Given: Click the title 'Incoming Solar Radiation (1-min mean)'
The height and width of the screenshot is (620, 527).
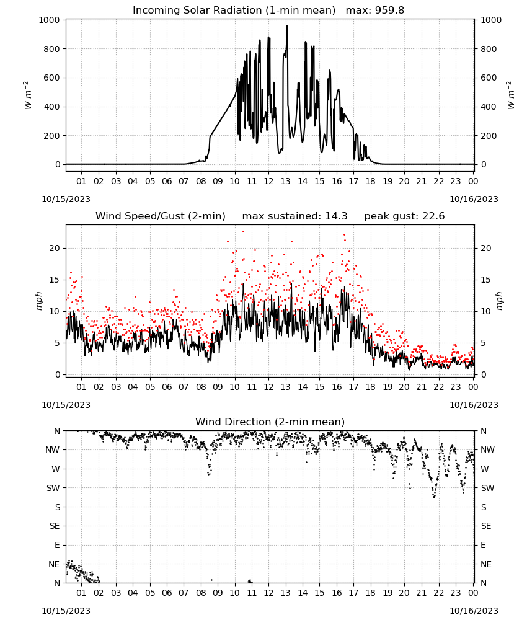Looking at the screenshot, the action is [x=234, y=11].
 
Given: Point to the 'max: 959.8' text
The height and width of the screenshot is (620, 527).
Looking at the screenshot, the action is [x=375, y=11].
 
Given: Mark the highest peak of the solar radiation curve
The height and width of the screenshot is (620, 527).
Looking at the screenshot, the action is [x=287, y=25].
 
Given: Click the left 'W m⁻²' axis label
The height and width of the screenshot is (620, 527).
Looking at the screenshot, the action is [x=28, y=95].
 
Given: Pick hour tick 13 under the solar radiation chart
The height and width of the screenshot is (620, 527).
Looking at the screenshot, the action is [x=285, y=181].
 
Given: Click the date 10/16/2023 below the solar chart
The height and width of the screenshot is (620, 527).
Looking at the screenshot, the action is [x=474, y=199].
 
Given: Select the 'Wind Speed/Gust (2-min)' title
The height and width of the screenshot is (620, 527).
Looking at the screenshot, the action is [x=161, y=216].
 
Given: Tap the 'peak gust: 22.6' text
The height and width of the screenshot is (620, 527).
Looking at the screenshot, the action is [x=404, y=216].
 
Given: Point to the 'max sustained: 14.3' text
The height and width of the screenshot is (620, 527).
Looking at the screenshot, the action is [x=295, y=216].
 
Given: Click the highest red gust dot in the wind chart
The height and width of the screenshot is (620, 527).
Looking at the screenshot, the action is [x=243, y=232].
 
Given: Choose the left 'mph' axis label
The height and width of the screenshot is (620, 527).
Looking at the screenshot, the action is [x=38, y=301].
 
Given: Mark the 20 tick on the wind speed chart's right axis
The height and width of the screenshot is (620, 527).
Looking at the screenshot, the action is [x=486, y=249].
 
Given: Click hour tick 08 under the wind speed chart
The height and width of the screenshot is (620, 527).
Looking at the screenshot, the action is [x=201, y=387].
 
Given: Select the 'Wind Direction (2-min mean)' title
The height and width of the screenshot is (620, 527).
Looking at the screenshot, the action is [x=270, y=422].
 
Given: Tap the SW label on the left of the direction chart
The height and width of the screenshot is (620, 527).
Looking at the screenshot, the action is [x=53, y=488].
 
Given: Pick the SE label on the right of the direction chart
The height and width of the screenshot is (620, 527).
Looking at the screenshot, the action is [x=486, y=526].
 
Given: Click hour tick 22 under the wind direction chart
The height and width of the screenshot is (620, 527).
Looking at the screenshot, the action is [x=438, y=593].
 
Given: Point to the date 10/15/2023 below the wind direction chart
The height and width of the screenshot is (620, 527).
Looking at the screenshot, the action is [x=66, y=611].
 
